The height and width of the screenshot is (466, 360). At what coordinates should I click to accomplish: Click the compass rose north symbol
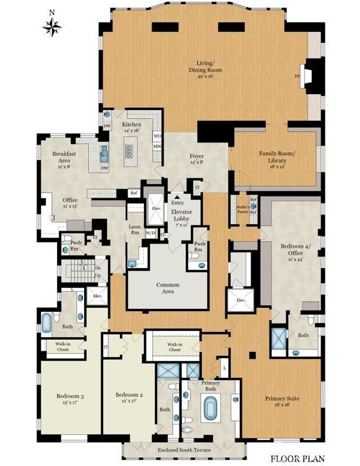(x=52, y=26)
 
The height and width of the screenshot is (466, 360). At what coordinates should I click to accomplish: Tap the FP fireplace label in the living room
(x=297, y=76)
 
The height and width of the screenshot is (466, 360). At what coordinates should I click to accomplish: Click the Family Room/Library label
(x=276, y=157)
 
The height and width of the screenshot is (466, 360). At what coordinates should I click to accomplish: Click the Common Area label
(x=168, y=288)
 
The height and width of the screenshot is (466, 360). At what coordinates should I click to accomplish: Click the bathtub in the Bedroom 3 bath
(x=47, y=322)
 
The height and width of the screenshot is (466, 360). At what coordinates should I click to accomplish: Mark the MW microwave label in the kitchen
(x=158, y=147)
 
